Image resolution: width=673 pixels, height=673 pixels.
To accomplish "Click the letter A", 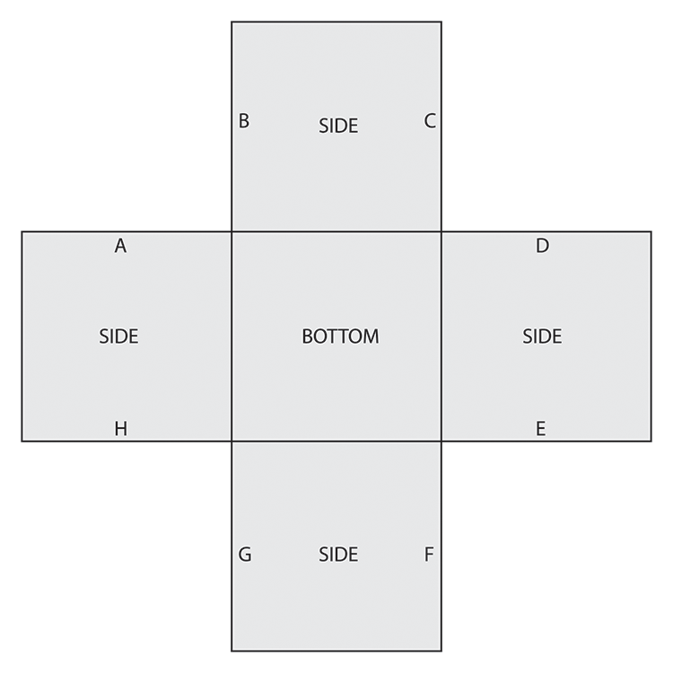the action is pos(120,246).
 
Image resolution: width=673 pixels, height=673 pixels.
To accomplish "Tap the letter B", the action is pos(243,121).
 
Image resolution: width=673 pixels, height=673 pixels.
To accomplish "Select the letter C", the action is pos(430,121).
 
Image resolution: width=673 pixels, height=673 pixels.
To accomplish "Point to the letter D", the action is pos(542,246).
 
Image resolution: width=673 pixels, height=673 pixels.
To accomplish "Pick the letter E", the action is pos(540,429).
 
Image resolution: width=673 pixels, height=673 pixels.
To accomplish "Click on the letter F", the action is pos(429,555).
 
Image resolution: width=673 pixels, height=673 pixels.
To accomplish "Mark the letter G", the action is pos(244,555).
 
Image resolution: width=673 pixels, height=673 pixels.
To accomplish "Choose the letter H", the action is pos(120,429).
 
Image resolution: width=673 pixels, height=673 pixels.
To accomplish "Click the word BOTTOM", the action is pos(340,336).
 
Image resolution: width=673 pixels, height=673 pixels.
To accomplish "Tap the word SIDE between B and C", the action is pos(338,127).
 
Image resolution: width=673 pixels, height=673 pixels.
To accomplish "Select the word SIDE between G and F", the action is pos(338,555).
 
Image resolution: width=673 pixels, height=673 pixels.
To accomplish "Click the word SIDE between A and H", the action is pos(118,336).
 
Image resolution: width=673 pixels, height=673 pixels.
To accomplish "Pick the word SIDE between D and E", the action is pos(542,336).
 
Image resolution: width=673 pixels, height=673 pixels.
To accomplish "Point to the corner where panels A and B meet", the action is pos(232,232).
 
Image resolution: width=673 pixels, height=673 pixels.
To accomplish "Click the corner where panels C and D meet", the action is pos(441,232).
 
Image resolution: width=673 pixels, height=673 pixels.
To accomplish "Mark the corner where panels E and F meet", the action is pos(441,441).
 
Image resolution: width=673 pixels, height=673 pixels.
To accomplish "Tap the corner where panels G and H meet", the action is pos(232,441).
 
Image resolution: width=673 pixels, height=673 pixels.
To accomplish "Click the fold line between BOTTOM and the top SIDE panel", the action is pos(336,232).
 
